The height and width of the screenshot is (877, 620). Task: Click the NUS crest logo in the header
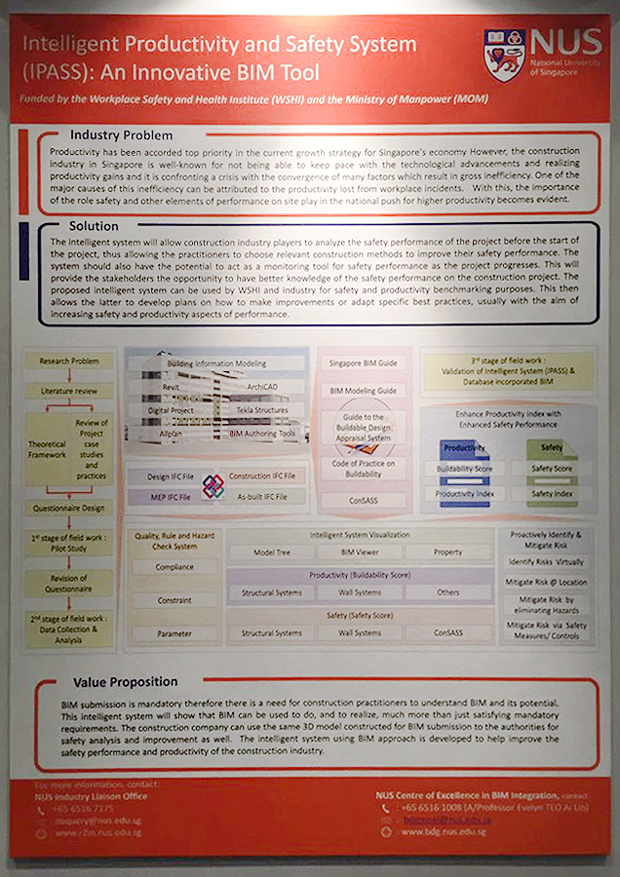pos(504,55)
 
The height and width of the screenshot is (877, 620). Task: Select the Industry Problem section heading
pos(121,135)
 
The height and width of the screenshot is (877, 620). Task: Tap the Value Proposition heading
pos(125,682)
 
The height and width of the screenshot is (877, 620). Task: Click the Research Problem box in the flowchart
pos(68,362)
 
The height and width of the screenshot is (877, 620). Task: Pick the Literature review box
pos(68,390)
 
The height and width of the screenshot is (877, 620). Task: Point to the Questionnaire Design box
pos(68,508)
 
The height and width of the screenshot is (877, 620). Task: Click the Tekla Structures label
pos(262,410)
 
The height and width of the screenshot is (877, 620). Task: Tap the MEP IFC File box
pos(163,497)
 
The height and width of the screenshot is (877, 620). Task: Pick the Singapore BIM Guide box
pos(362,362)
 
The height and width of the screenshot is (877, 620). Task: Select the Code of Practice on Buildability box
pos(362,468)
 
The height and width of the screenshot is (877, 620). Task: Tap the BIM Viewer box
pos(360,552)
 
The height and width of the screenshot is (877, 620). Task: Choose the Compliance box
pos(174,567)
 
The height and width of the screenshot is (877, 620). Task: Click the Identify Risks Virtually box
pos(545,562)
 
